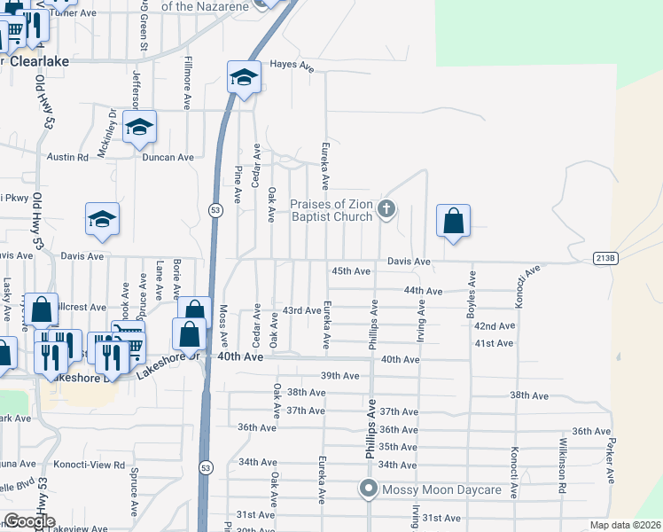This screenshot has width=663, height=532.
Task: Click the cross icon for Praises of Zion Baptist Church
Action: (386, 210)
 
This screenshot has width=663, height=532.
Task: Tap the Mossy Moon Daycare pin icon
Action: (369, 489)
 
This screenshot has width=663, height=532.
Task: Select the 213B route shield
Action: (604, 257)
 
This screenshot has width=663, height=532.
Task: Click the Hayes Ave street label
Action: (292, 65)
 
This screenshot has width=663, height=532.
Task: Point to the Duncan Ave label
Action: (168, 157)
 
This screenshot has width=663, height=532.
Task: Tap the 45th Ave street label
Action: (350, 270)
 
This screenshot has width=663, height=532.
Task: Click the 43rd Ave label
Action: (301, 310)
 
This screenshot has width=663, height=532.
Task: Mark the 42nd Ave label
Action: (494, 325)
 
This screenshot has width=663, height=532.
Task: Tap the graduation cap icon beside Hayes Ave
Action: (244, 77)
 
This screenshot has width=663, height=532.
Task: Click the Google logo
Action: (29, 521)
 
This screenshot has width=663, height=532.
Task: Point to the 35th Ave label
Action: (397, 447)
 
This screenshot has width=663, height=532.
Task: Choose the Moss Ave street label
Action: (223, 325)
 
